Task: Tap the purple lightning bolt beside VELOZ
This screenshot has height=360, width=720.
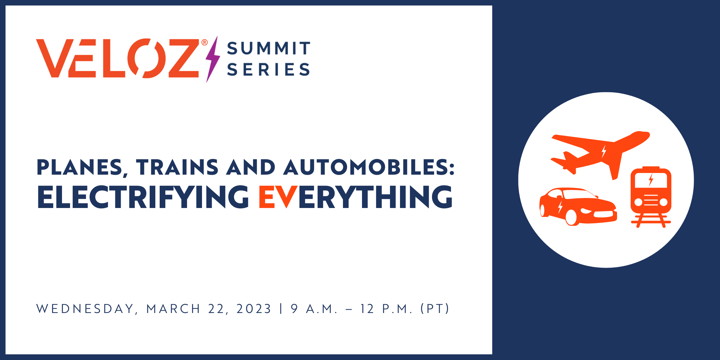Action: pos(213,59)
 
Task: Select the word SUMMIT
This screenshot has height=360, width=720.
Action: pos(269,48)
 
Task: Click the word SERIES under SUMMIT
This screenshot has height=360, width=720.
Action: pos(268,69)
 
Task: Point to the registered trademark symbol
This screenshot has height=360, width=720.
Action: pos(204,42)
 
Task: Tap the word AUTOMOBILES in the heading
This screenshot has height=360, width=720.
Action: pos(369,167)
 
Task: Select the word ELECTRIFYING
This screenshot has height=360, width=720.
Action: pos(143,197)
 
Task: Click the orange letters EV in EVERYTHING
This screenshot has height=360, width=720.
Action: pos(278,197)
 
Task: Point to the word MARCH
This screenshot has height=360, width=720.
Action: pos(173,309)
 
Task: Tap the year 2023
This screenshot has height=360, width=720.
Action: pos(254,309)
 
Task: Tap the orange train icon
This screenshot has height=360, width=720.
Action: pos(651,197)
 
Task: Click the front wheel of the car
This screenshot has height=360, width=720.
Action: pos(571,217)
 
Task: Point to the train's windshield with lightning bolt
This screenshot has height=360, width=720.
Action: pos(651,180)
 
